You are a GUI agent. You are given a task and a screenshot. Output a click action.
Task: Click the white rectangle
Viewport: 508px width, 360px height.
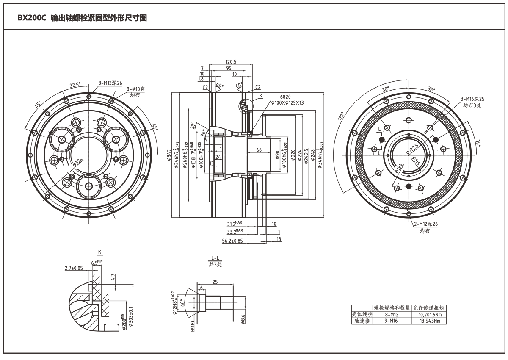tap(389, 269)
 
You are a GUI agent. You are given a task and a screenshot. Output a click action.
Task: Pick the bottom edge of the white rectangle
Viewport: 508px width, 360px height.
tap(389, 304)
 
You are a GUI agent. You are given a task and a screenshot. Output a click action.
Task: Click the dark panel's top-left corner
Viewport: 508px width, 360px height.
tap(3, 3)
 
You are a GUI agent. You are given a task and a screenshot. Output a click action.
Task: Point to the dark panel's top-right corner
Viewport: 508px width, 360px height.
tap(505, 3)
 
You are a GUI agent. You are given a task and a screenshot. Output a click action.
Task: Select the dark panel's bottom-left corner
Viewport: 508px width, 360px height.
tap(3, 353)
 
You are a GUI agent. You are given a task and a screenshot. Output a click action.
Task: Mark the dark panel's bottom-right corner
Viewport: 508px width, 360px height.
tap(505, 353)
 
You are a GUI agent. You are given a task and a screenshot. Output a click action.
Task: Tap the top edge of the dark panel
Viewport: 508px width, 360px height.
tap(254, 3)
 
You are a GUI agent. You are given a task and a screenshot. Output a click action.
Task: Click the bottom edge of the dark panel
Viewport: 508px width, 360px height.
tap(254, 353)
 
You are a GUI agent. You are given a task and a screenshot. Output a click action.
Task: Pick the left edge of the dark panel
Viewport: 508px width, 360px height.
tap(3, 178)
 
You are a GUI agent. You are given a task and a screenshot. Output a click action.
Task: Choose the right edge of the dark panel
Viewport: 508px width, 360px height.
tap(505, 178)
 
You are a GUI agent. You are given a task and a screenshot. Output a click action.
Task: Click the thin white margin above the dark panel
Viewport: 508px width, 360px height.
tap(254, 1)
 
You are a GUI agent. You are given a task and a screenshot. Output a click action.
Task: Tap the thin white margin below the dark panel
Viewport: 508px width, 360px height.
tap(254, 357)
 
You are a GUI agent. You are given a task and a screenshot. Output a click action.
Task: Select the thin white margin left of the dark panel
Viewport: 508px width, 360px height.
tap(1, 178)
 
